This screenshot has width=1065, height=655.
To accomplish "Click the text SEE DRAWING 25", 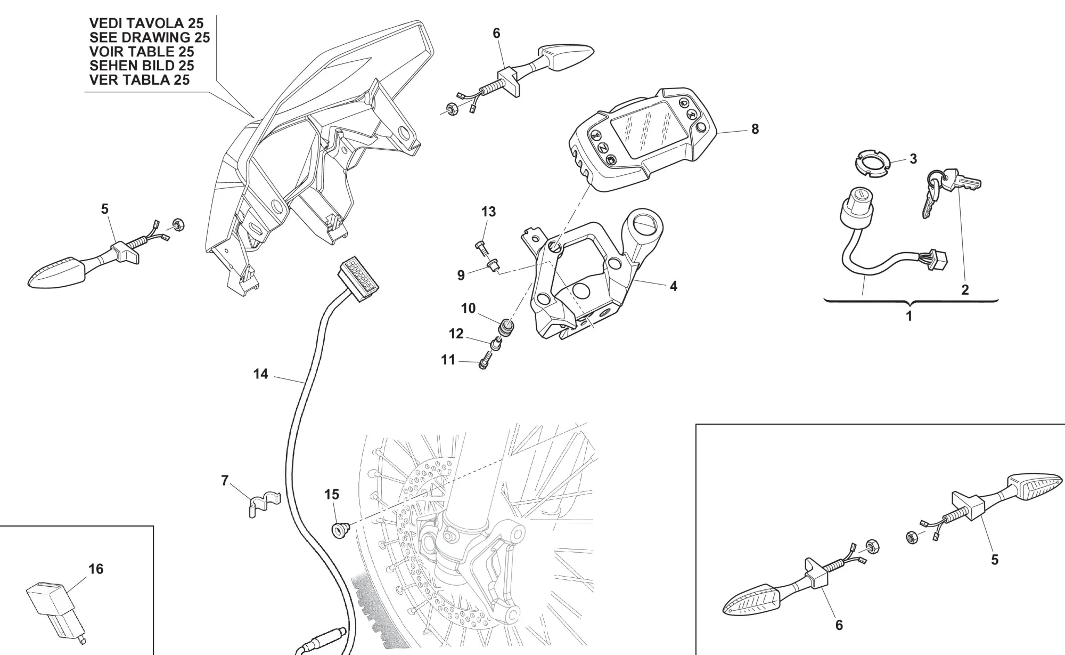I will click(x=150, y=37).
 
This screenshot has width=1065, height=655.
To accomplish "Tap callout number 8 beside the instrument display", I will click(x=755, y=129).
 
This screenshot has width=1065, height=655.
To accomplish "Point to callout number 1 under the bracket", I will click(x=909, y=316).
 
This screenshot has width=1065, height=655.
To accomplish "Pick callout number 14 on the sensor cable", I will click(x=260, y=374).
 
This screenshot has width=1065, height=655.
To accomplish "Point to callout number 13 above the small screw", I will click(x=488, y=212).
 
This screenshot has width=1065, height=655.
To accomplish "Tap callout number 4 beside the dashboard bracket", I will click(x=673, y=286).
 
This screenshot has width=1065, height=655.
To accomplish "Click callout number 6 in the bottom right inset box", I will click(x=839, y=625).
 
